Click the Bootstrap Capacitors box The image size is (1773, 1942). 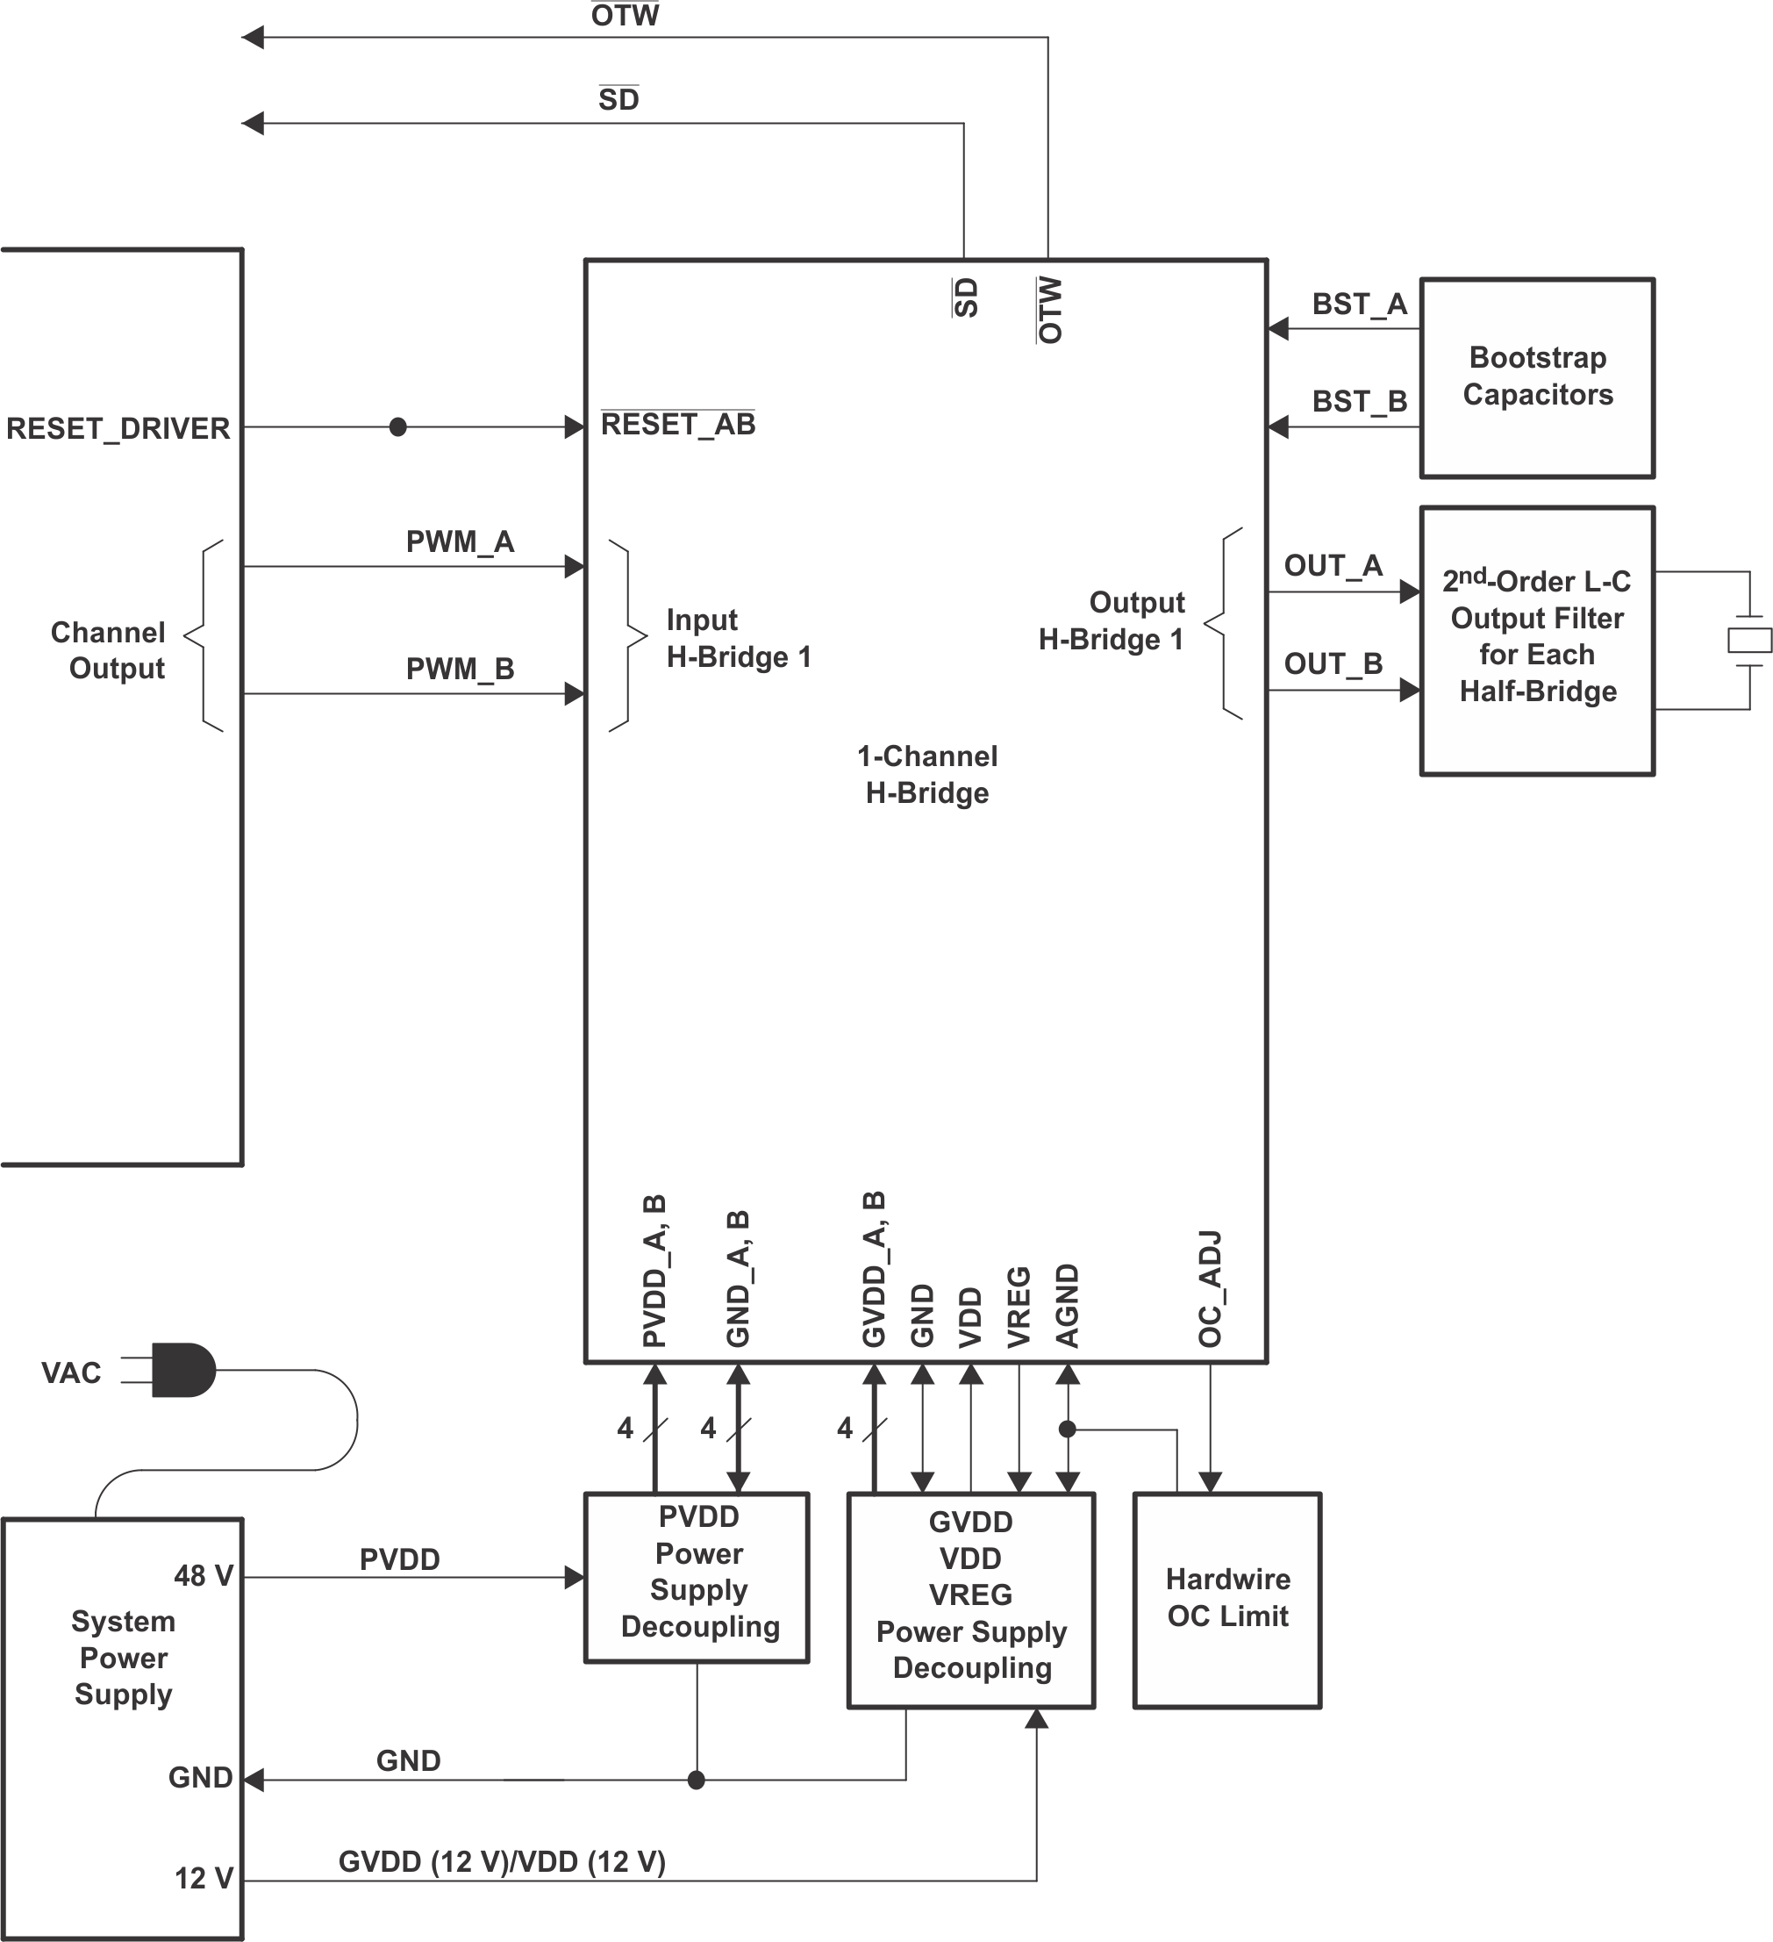tap(1537, 377)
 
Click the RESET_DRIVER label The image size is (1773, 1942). tap(118, 428)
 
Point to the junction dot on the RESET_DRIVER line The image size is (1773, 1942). tap(397, 426)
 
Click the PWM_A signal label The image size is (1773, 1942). tap(460, 542)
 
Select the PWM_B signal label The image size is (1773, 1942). tap(460, 669)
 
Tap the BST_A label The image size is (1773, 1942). tap(1359, 305)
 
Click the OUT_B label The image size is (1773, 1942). tap(1333, 663)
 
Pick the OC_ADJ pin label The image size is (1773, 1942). tap(1210, 1288)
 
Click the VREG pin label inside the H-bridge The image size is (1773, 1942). tap(1019, 1307)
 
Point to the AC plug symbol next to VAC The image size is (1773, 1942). tap(183, 1370)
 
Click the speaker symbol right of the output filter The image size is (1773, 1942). tap(1749, 640)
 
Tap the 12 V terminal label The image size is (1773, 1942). tap(204, 1877)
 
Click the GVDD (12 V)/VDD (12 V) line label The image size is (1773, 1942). tap(502, 1861)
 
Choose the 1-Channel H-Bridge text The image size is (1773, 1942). tap(926, 775)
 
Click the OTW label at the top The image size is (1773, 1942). tap(625, 16)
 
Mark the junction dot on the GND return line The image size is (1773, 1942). tap(697, 1781)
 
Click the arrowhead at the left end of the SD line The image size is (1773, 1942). tap(253, 124)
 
